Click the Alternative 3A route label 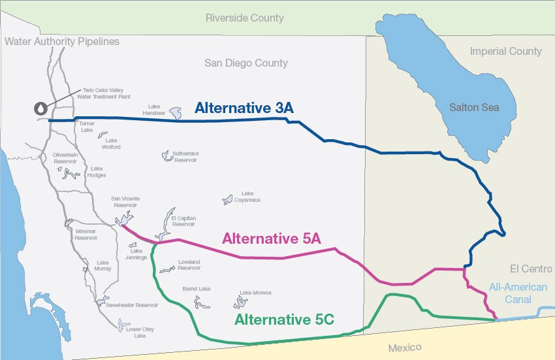(x=244, y=108)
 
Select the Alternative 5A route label (x=272, y=238)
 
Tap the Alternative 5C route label (x=284, y=319)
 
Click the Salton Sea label (x=474, y=107)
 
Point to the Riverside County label (x=245, y=18)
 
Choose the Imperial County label (x=506, y=51)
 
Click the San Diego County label (x=246, y=63)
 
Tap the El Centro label (x=531, y=269)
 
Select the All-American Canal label (x=518, y=293)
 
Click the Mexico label (x=405, y=348)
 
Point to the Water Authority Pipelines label (x=62, y=42)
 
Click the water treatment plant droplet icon (x=41, y=108)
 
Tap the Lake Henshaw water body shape (x=176, y=114)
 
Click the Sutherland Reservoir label (x=185, y=157)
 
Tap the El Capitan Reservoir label (x=183, y=221)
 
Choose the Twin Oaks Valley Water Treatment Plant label (x=103, y=94)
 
